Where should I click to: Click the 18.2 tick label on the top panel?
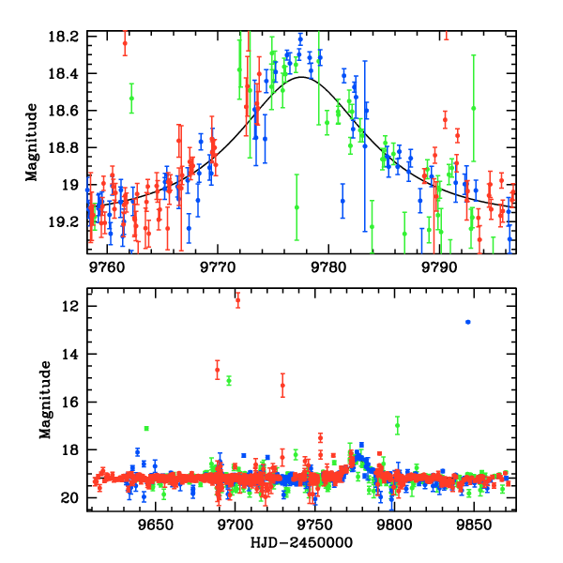coord(68,36)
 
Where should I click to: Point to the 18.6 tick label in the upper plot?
coord(68,111)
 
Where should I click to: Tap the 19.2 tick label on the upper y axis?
coord(68,222)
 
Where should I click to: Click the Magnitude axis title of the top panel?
coord(32,144)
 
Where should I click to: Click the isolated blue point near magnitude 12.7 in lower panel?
coord(468,322)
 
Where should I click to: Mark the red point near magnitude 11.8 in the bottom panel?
coord(237,300)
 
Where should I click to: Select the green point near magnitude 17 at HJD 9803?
coord(398,425)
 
